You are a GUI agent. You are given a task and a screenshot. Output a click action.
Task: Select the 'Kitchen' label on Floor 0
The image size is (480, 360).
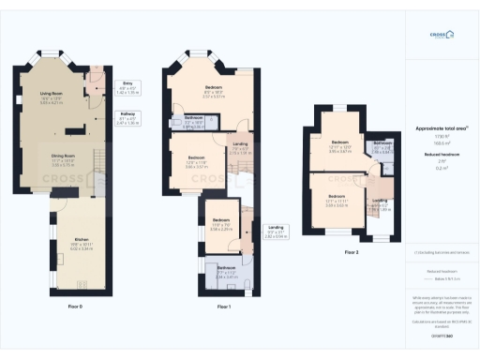[81, 241]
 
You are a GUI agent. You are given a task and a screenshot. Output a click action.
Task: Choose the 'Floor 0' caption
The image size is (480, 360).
[75, 307]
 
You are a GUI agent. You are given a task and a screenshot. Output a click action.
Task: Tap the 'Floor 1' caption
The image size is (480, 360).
[223, 307]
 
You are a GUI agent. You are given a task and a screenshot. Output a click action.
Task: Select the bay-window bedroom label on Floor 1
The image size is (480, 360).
[213, 90]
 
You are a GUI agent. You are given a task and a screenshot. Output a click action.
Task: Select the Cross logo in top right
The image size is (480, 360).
[441, 35]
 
